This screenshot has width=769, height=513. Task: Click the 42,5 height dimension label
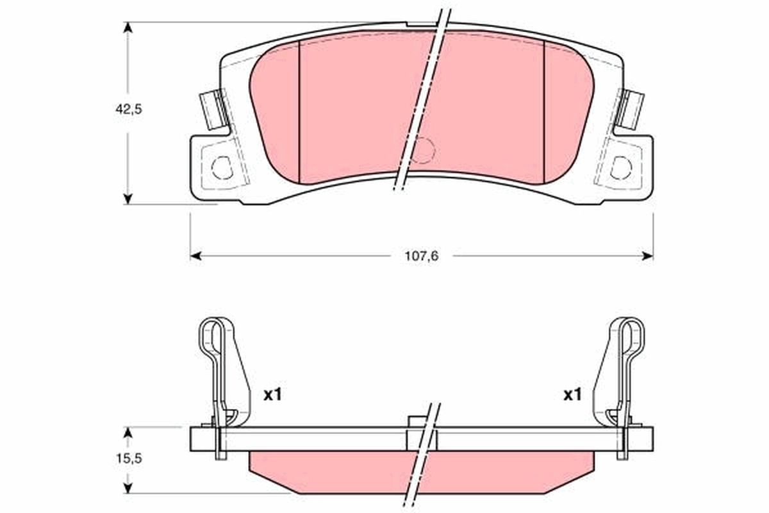(128, 109)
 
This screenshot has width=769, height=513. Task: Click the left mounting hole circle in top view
(222, 167)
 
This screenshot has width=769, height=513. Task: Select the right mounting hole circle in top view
(620, 167)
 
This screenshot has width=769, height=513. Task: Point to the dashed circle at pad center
(423, 150)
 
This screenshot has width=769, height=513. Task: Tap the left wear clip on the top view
(212, 108)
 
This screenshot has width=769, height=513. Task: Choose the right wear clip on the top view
(631, 108)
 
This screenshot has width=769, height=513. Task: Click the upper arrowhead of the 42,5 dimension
(128, 28)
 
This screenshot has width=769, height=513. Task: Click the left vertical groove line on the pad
(300, 109)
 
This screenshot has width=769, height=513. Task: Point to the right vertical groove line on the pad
(543, 109)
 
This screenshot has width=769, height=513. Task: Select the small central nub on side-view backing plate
(417, 421)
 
